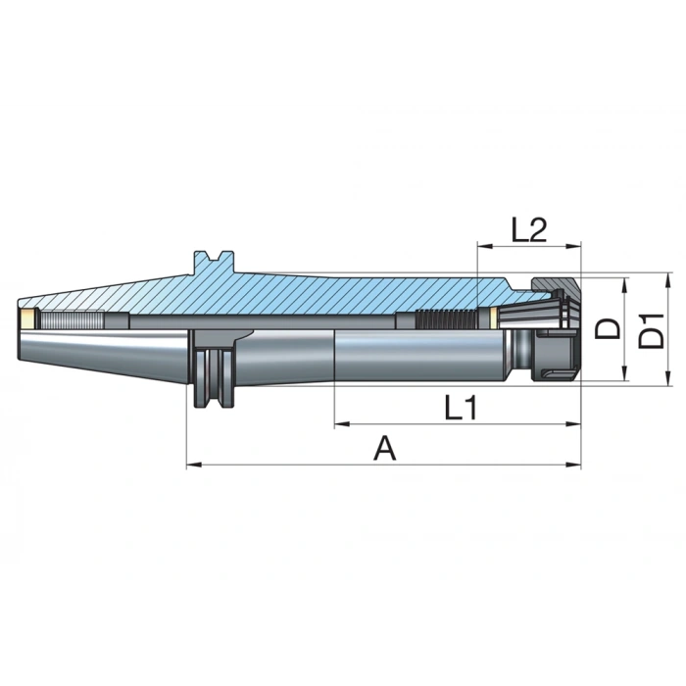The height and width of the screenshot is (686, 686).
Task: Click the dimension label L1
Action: pyautogui.click(x=457, y=407)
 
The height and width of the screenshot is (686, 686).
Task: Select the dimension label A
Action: pyautogui.click(x=385, y=449)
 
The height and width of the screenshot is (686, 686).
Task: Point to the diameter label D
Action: pyautogui.click(x=610, y=327)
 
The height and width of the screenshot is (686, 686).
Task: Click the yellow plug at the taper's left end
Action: pyautogui.click(x=27, y=318)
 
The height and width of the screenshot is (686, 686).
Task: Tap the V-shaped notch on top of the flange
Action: pyautogui.click(x=215, y=260)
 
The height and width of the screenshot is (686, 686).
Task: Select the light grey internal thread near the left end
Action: pyautogui.click(x=73, y=318)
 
